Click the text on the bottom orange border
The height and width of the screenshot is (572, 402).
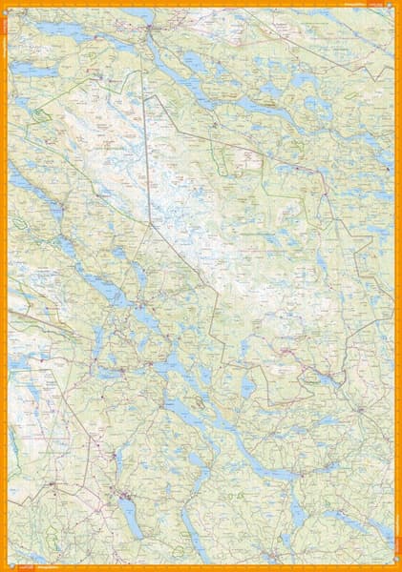[38, 567]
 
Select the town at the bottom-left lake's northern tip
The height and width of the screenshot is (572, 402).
[124, 494]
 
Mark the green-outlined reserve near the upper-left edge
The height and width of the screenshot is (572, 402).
[40, 114]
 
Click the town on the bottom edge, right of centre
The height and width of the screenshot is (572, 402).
[277, 553]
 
